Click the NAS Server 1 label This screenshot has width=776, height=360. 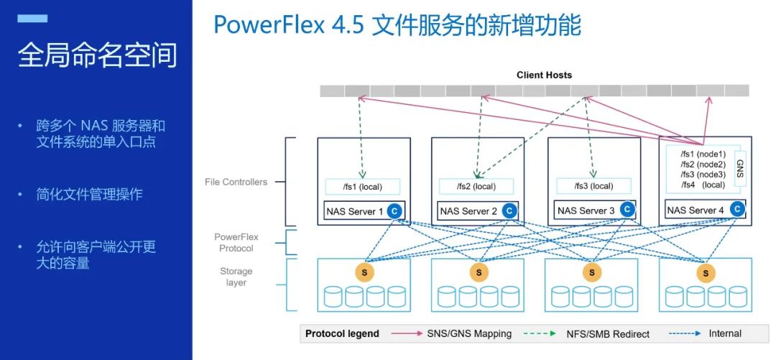pyautogui.click(x=351, y=211)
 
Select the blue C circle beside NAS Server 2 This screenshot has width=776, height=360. pyautogui.click(x=509, y=211)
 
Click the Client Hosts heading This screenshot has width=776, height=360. pyautogui.click(x=544, y=75)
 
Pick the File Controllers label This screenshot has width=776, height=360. pyautogui.click(x=236, y=182)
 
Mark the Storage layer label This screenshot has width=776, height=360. pyautogui.click(x=236, y=277)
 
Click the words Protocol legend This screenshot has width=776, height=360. pyautogui.click(x=342, y=333)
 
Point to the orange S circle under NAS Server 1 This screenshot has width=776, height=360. pyautogui.click(x=364, y=273)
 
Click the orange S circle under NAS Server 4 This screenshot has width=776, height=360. pyautogui.click(x=705, y=273)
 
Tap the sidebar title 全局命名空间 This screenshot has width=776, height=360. pyautogui.click(x=97, y=55)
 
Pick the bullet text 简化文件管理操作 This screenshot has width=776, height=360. pyautogui.click(x=90, y=194)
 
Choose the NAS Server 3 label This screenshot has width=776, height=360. pyautogui.click(x=583, y=211)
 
